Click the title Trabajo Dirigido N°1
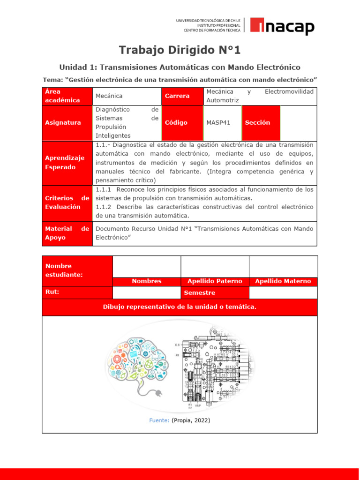coord(180,50)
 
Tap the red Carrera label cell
coord(177,96)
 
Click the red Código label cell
coord(176,123)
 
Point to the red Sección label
coord(257,123)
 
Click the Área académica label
coord(62,96)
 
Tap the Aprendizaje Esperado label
coord(65,163)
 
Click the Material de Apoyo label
coord(67,233)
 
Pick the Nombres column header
coord(146,281)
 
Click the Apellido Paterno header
coord(215,281)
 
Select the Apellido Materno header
coord(283,281)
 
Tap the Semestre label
coord(200,293)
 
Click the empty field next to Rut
coord(146,293)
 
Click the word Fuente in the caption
coord(159,420)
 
